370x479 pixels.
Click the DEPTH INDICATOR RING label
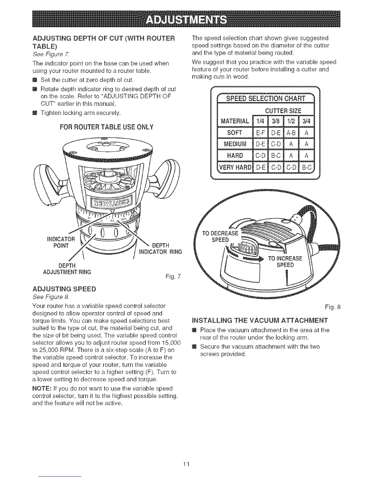pos(160,248)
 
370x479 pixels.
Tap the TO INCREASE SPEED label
pos(285,262)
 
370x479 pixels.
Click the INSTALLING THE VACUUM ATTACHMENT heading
pos(260,320)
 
